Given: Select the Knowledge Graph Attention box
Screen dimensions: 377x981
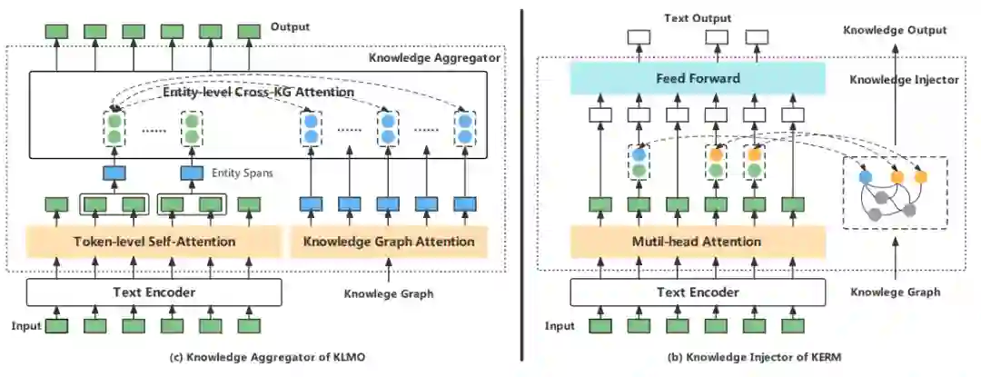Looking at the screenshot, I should point(388,242).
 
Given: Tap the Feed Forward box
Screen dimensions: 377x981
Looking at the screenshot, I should point(698,79).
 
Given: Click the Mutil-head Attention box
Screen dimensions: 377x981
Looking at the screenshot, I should point(698,242).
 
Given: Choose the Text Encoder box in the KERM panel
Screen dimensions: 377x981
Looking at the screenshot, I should point(698,293).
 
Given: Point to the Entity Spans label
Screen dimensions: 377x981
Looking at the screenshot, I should point(243,174).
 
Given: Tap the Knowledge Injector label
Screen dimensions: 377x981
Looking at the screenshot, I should point(904,80).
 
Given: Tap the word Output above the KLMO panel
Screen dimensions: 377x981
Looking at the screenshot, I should point(290,26).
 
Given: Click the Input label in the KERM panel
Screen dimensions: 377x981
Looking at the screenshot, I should point(560,326).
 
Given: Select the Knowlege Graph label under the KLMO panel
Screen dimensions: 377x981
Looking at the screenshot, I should point(389,293).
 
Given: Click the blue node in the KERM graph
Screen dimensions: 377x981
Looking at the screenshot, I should point(865,175).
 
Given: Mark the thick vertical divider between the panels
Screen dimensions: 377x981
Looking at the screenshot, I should point(521,182).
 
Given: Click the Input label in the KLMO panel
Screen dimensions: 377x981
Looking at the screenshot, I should point(26,326).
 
